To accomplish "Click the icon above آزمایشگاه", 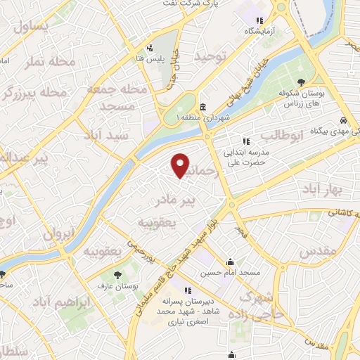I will point(259,20).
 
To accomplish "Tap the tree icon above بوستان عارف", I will point(117,273).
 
